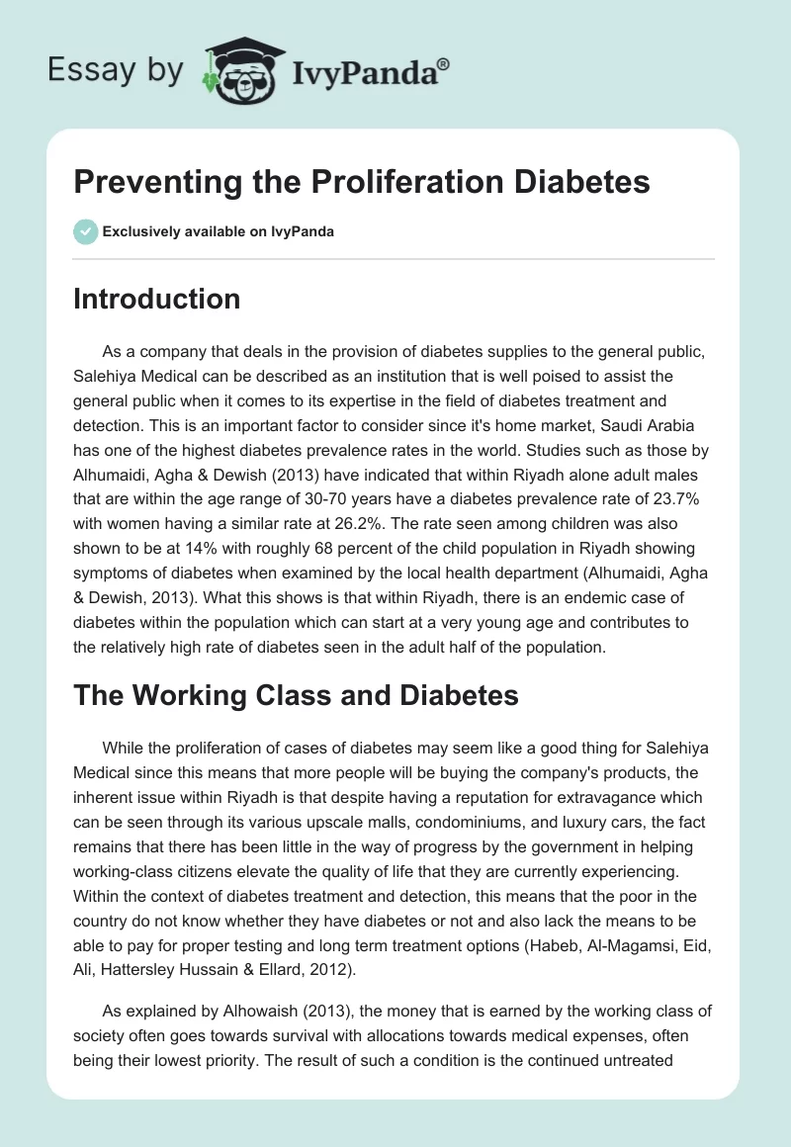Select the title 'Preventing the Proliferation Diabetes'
click(362, 184)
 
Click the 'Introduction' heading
click(157, 299)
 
